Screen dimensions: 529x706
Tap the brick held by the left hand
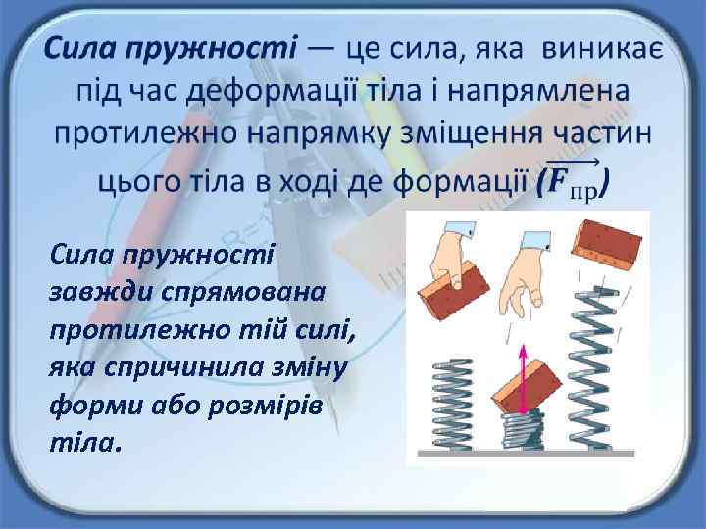pos(454,288)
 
